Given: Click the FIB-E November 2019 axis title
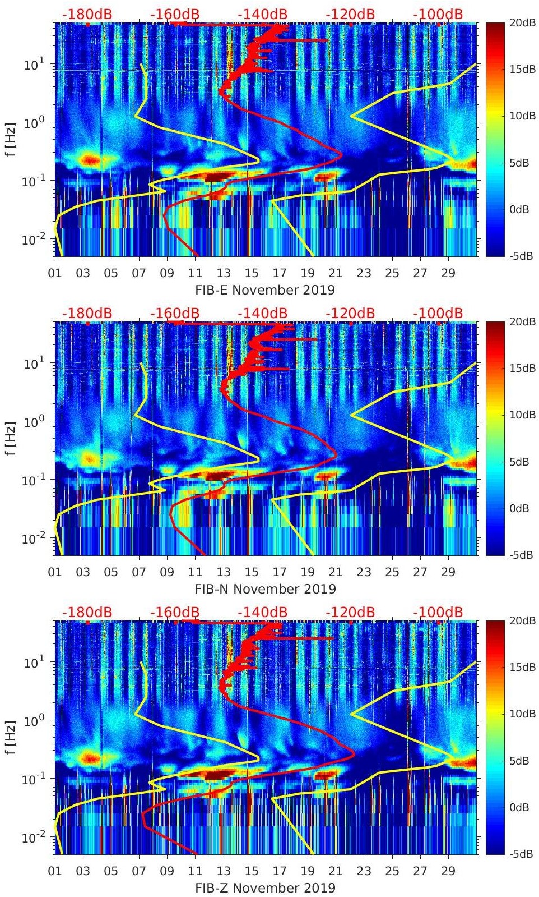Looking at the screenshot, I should click(x=264, y=290).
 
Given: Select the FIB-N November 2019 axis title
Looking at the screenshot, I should click(x=265, y=589).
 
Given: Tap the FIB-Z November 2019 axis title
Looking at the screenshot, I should click(x=265, y=888).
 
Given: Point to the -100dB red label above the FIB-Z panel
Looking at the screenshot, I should click(x=438, y=612).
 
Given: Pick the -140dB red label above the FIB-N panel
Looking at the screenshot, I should click(x=262, y=313).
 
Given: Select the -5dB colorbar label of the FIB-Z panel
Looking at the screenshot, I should click(x=522, y=854).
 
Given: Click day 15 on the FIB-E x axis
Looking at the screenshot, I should click(x=252, y=273).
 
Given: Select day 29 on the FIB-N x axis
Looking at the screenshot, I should click(x=448, y=572).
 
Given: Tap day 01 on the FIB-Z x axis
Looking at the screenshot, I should click(x=55, y=871).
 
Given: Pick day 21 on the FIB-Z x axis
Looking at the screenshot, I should click(x=336, y=871).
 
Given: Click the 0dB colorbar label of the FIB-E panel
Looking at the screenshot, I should click(x=522, y=210).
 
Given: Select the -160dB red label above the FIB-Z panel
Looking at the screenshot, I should click(x=175, y=612).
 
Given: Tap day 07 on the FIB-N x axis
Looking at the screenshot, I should click(x=139, y=572).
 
